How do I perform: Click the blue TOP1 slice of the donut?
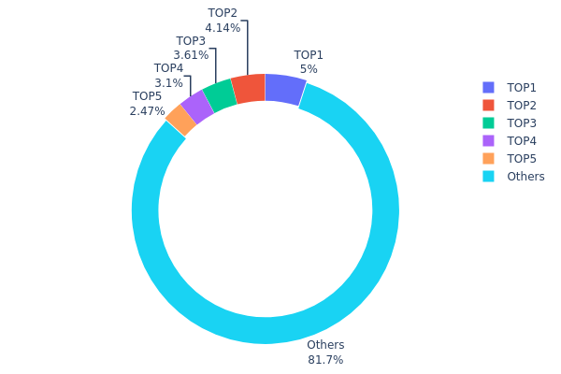pyautogui.click(x=284, y=89)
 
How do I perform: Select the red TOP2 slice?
pyautogui.click(x=249, y=90)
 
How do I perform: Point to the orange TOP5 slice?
pyautogui.click(x=181, y=120)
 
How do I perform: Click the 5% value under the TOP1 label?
pyautogui.click(x=309, y=69)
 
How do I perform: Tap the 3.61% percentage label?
pyautogui.click(x=190, y=55)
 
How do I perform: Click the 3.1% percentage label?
pyautogui.click(x=168, y=83)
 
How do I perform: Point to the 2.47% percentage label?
pyautogui.click(x=147, y=111)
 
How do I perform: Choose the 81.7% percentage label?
pyautogui.click(x=325, y=360)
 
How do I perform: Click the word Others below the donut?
pyautogui.click(x=325, y=345)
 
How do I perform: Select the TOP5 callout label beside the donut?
pyautogui.click(x=148, y=96)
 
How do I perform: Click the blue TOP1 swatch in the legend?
pyautogui.click(x=489, y=87)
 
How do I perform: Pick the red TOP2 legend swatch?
pyautogui.click(x=489, y=105)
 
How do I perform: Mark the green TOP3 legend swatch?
pyautogui.click(x=489, y=123)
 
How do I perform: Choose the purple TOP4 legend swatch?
pyautogui.click(x=489, y=141)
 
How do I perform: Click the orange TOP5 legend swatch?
pyautogui.click(x=489, y=159)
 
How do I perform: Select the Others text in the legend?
pyautogui.click(x=525, y=177)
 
